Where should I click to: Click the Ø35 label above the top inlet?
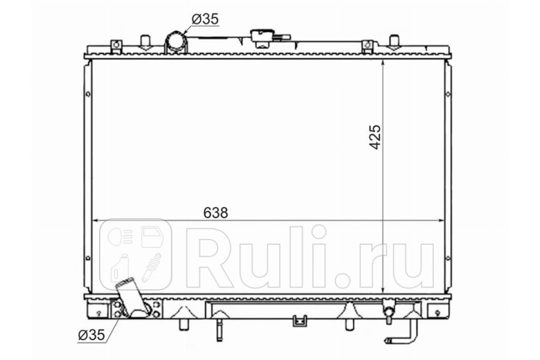point(205,19)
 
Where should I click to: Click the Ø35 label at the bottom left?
point(92,335)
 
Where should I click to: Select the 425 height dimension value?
point(375,137)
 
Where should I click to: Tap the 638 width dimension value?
point(216,213)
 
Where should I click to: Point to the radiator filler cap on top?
point(263,39)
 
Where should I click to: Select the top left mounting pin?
point(145,42)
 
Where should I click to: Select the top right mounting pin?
point(394,42)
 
